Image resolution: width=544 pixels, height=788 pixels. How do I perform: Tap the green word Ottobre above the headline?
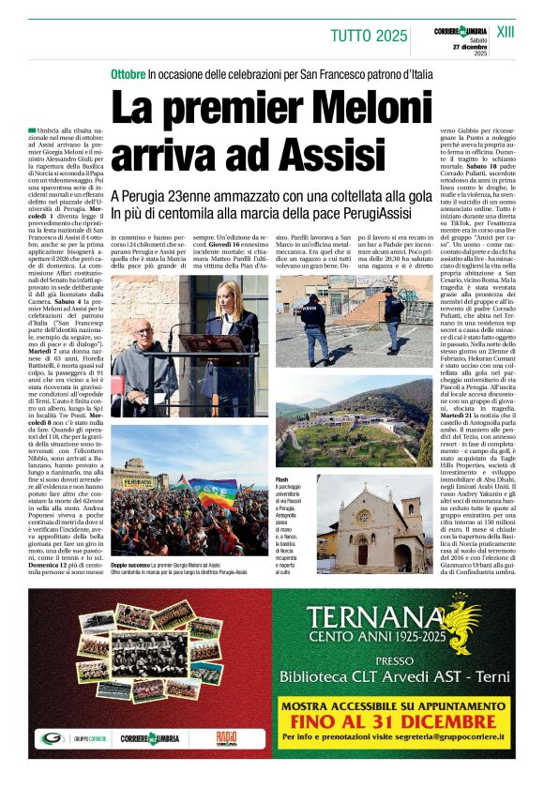(x=128, y=72)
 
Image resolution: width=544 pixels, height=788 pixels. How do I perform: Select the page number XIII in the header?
(x=506, y=32)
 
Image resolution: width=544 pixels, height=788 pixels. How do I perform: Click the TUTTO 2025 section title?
(x=369, y=36)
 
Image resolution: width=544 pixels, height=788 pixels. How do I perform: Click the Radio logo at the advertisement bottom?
(x=226, y=737)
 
